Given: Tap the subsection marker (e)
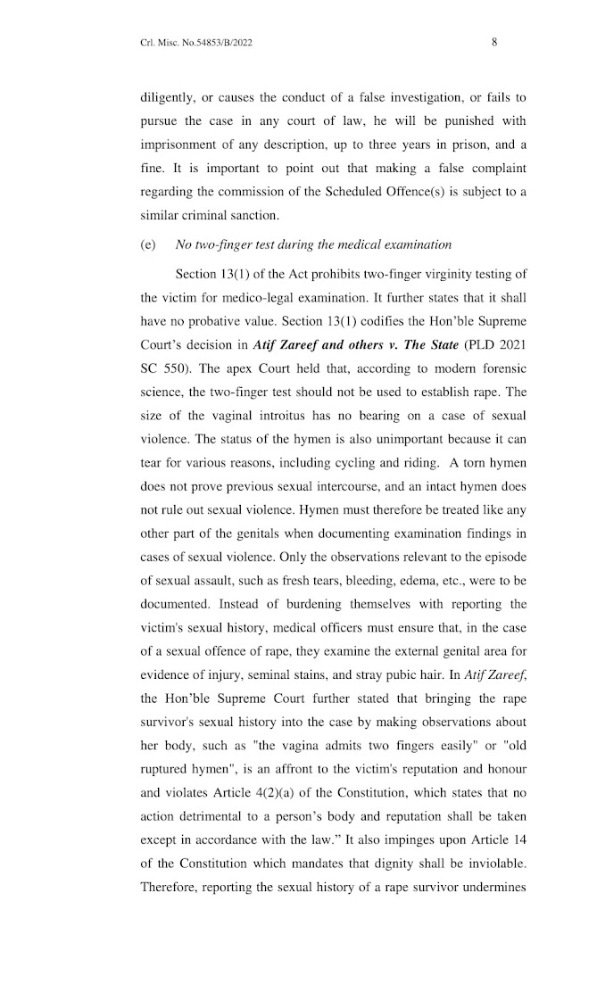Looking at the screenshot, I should (x=148, y=244).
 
